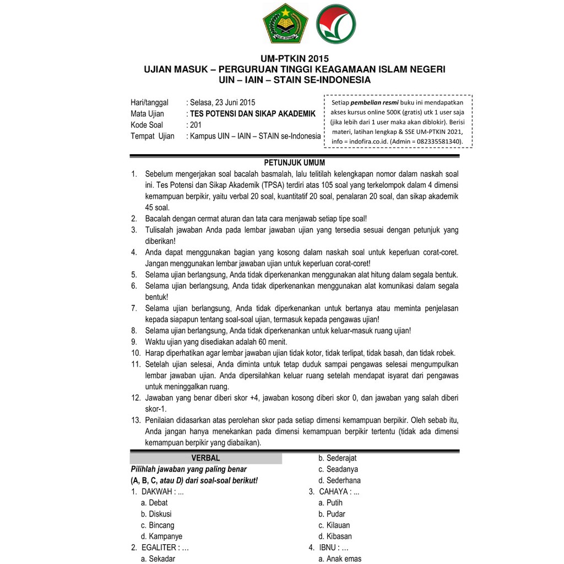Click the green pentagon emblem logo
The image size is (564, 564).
286,23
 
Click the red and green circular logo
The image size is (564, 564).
335,23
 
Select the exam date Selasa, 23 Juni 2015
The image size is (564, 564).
222,102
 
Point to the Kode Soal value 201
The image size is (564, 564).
196,125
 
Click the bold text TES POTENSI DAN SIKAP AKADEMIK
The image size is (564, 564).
253,114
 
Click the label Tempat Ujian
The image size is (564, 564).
153,136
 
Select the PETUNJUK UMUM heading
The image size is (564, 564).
295,162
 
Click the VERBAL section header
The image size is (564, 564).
205,458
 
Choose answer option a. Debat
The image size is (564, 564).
155,503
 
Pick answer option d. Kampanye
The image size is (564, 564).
161,536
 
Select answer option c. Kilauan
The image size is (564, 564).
334,525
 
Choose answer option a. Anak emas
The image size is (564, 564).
340,559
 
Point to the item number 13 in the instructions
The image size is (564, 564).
135,420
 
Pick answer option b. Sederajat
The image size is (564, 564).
338,458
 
